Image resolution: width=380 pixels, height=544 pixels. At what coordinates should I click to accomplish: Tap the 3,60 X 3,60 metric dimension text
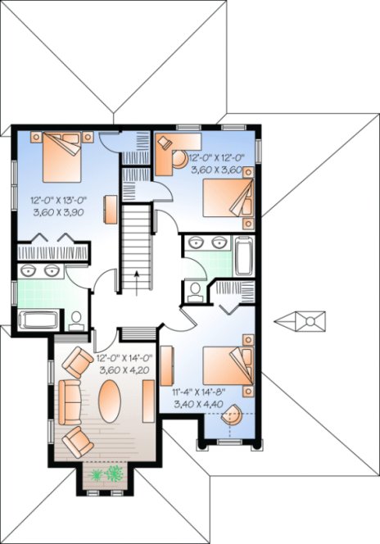[x=215, y=170]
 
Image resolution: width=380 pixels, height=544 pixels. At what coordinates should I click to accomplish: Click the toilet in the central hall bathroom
[x=195, y=291]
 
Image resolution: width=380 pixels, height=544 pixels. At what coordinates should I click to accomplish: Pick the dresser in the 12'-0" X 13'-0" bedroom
[x=109, y=209]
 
